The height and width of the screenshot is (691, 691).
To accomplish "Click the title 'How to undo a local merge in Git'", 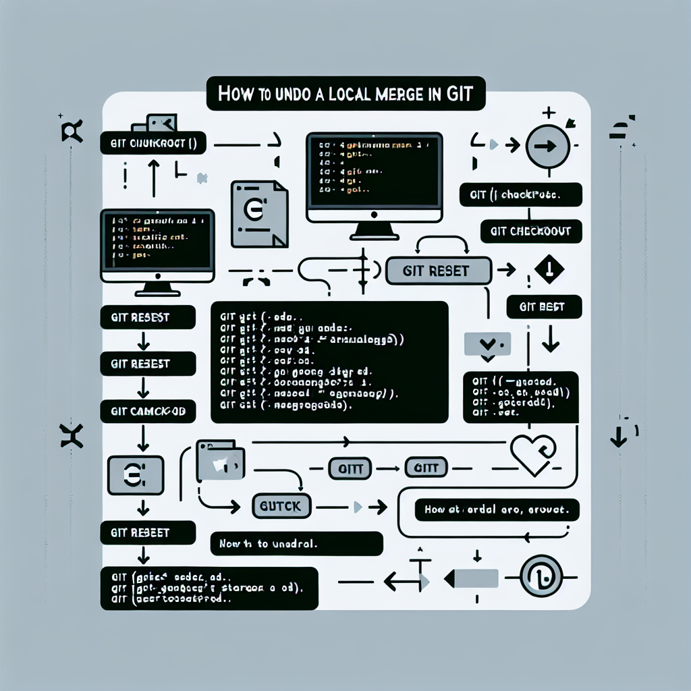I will (345, 94).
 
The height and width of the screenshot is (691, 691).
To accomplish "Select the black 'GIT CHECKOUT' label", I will (530, 231).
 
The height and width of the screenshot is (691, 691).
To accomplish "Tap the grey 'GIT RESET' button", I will (437, 271).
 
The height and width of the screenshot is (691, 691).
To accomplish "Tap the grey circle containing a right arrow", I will (548, 146).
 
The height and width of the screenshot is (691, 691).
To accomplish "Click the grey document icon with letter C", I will (258, 213).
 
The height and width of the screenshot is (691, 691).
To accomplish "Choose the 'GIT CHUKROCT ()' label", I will (153, 143).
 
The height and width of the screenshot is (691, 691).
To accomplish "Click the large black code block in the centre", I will (329, 362).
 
